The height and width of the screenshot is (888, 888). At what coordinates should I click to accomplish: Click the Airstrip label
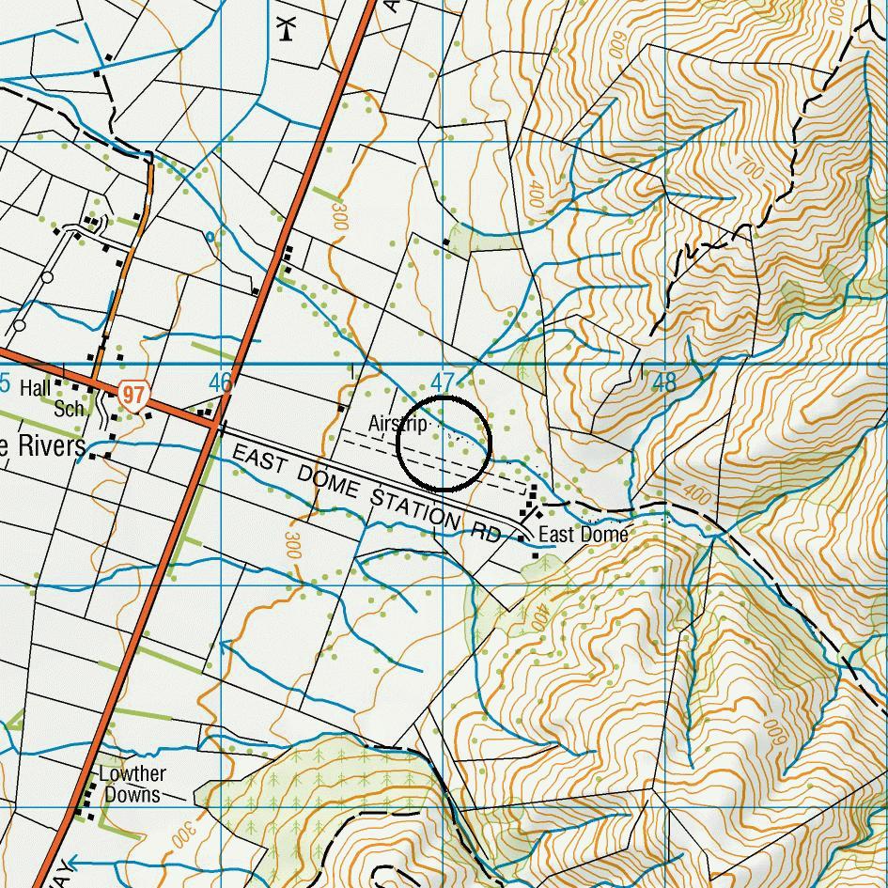tap(398, 424)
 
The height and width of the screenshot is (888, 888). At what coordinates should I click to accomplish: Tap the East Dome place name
tap(583, 535)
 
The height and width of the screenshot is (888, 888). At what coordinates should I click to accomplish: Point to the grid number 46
tap(220, 382)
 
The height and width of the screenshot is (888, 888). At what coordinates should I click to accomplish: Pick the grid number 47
tap(442, 382)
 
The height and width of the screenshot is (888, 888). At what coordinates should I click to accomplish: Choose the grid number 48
tap(663, 382)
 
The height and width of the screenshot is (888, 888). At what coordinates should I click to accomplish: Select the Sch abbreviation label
tap(69, 409)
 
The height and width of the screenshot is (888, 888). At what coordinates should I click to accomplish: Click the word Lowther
tap(132, 774)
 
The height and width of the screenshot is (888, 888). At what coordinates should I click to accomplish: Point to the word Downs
tap(132, 795)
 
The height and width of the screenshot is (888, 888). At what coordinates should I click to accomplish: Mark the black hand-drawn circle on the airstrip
tap(444, 444)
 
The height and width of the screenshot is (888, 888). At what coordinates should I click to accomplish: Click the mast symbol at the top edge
tap(288, 27)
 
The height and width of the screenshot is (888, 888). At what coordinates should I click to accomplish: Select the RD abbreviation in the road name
tap(487, 533)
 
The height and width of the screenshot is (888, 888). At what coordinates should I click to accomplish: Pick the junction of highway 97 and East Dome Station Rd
tap(216, 425)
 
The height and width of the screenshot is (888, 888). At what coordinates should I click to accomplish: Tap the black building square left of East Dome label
tap(522, 538)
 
